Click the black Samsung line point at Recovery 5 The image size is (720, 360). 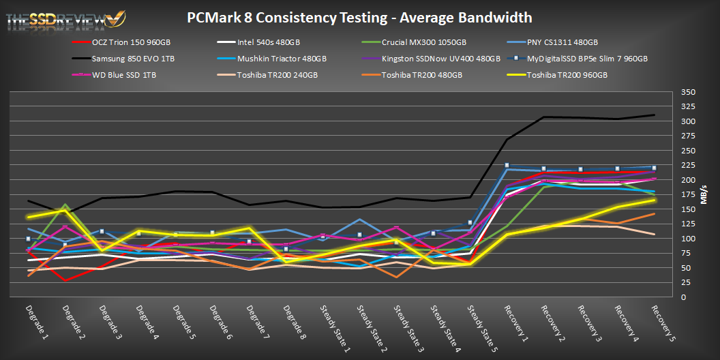click(654, 115)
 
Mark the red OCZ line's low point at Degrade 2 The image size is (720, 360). click(65, 280)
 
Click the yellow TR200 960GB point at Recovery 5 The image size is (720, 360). click(654, 200)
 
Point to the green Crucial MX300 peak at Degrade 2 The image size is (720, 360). click(65, 205)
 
